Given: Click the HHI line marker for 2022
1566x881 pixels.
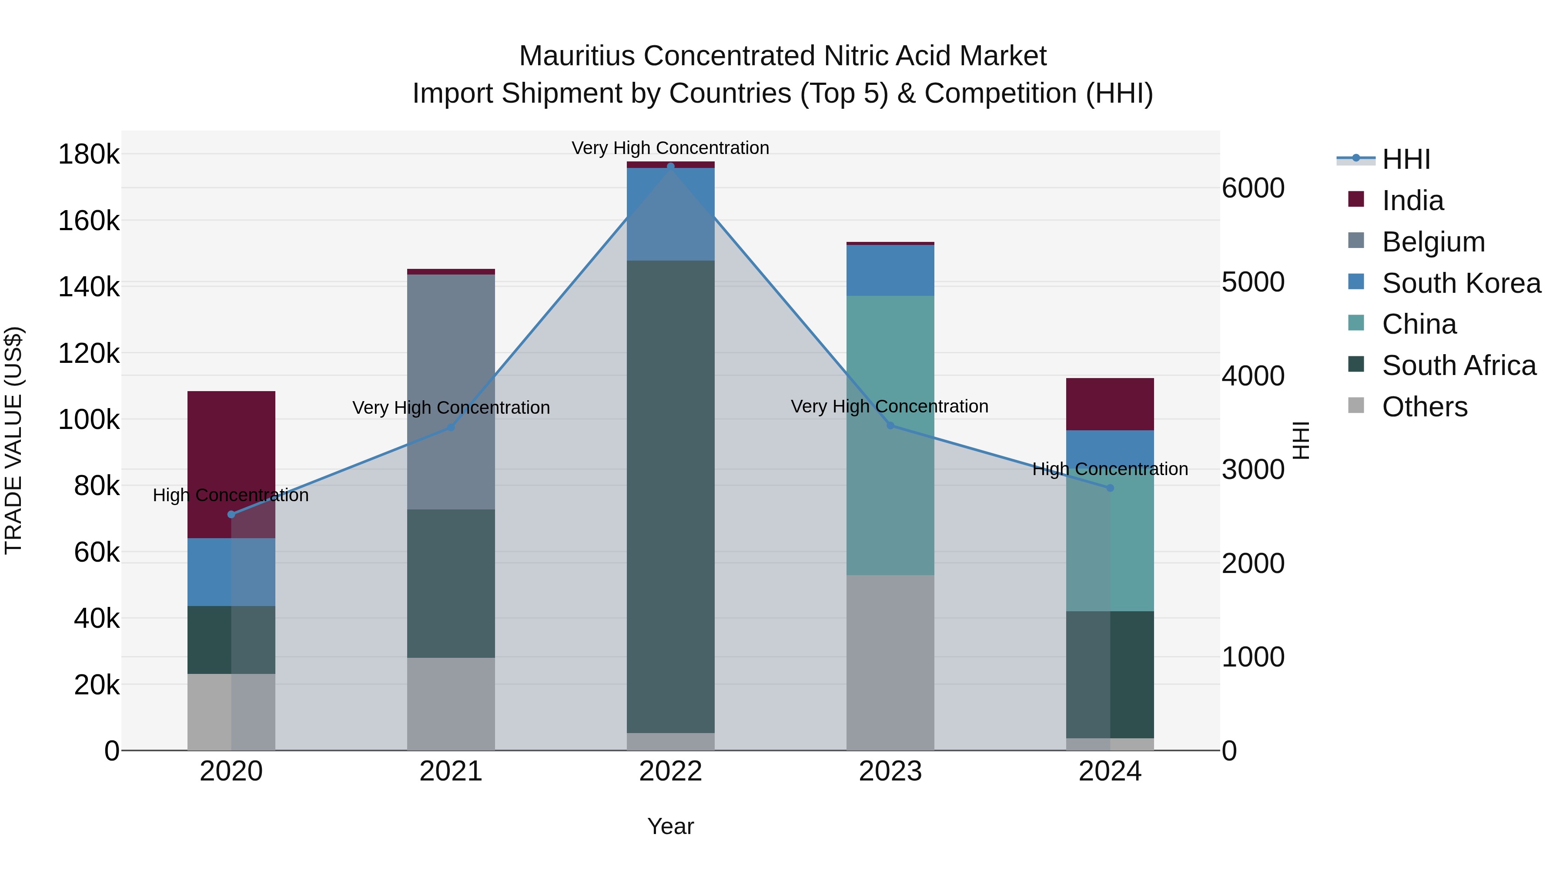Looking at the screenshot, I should [670, 166].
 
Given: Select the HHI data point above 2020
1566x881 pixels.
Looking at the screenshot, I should [231, 514].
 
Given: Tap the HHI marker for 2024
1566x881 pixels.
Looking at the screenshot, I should [1110, 488].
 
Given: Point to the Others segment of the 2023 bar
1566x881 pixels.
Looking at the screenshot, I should [890, 662].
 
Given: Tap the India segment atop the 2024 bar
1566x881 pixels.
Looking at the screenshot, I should [1110, 404].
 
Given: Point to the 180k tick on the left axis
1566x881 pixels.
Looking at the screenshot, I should [89, 154].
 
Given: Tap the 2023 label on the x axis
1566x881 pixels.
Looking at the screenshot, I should [890, 771].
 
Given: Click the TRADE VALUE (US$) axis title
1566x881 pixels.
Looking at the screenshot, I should [13, 440].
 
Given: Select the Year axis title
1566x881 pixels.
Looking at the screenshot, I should [670, 826].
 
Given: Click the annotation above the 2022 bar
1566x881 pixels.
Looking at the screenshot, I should [670, 148].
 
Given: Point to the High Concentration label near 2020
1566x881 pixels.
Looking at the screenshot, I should [231, 495].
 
